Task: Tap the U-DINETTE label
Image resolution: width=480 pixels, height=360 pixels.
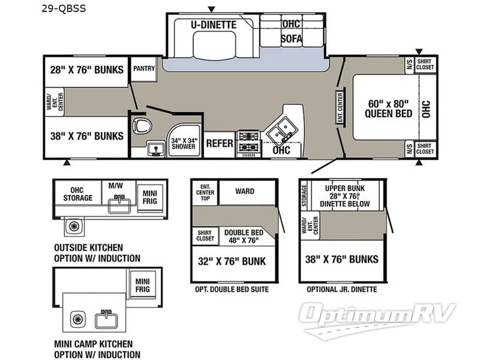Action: pos(214,25)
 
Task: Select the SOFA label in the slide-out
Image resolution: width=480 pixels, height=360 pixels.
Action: pos(291,39)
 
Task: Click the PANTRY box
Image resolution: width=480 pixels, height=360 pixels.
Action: pos(143,68)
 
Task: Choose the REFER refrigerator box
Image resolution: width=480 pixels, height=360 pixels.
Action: pos(220,143)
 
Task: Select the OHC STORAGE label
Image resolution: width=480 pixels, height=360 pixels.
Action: pos(77,194)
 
